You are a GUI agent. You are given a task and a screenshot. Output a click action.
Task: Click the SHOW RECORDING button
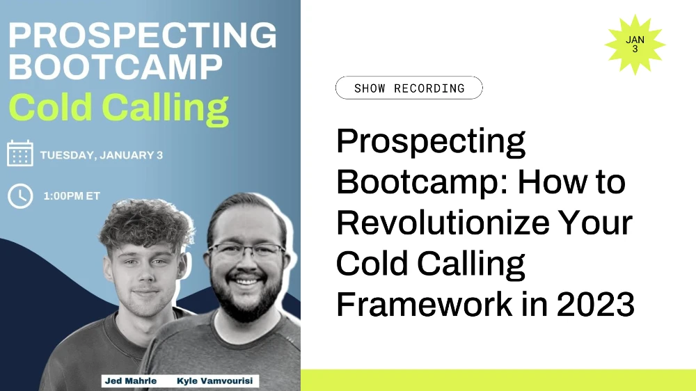tap(409, 88)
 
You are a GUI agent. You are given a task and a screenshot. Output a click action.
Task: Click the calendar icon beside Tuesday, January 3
tap(20, 154)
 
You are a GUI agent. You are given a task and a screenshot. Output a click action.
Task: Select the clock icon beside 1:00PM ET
tap(20, 195)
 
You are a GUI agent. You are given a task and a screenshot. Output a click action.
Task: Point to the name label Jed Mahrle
tap(130, 381)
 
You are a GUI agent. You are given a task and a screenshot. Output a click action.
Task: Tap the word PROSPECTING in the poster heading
tap(143, 35)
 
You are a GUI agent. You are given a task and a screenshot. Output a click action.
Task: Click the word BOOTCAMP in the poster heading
tap(116, 67)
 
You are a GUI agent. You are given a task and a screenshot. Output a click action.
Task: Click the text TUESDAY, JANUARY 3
tap(102, 154)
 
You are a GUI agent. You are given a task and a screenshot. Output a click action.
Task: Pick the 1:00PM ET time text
tap(72, 196)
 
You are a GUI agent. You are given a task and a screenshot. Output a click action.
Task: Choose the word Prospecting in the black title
tap(431, 143)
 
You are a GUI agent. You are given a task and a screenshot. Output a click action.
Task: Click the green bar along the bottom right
tap(498, 380)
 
